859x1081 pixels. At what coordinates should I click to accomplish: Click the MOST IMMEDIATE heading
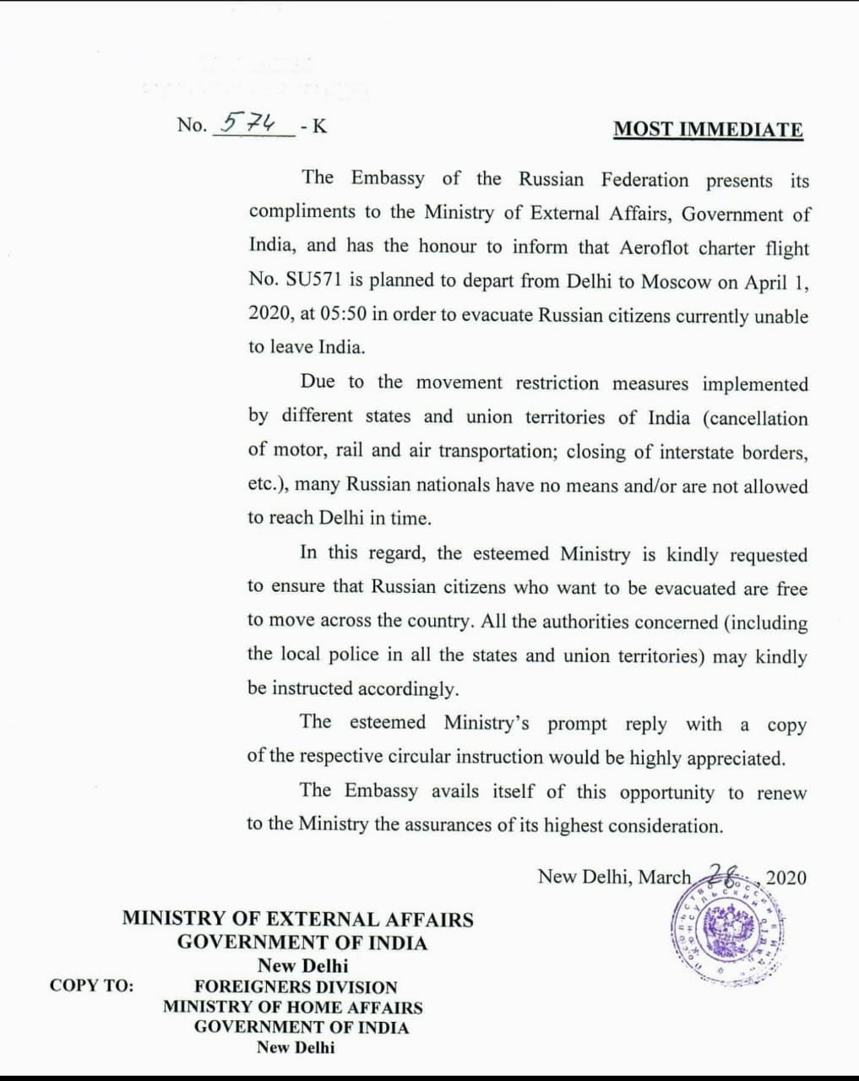click(x=708, y=129)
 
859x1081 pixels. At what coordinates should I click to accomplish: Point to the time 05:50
click(x=343, y=315)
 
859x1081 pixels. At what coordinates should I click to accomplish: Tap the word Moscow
click(x=676, y=282)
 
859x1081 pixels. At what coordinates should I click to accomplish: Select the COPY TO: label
click(x=91, y=986)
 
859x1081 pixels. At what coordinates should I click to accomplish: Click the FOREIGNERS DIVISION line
click(x=296, y=986)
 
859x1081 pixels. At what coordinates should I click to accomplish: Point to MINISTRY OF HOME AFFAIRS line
click(x=293, y=1007)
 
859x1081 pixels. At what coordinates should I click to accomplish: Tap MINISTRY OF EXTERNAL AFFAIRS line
click(x=297, y=919)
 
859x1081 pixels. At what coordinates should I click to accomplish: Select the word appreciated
click(x=736, y=758)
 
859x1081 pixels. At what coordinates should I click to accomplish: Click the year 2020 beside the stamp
click(x=786, y=877)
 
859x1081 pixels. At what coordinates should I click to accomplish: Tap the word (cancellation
click(x=754, y=419)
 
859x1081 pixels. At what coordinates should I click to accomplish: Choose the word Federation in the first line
click(x=644, y=180)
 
